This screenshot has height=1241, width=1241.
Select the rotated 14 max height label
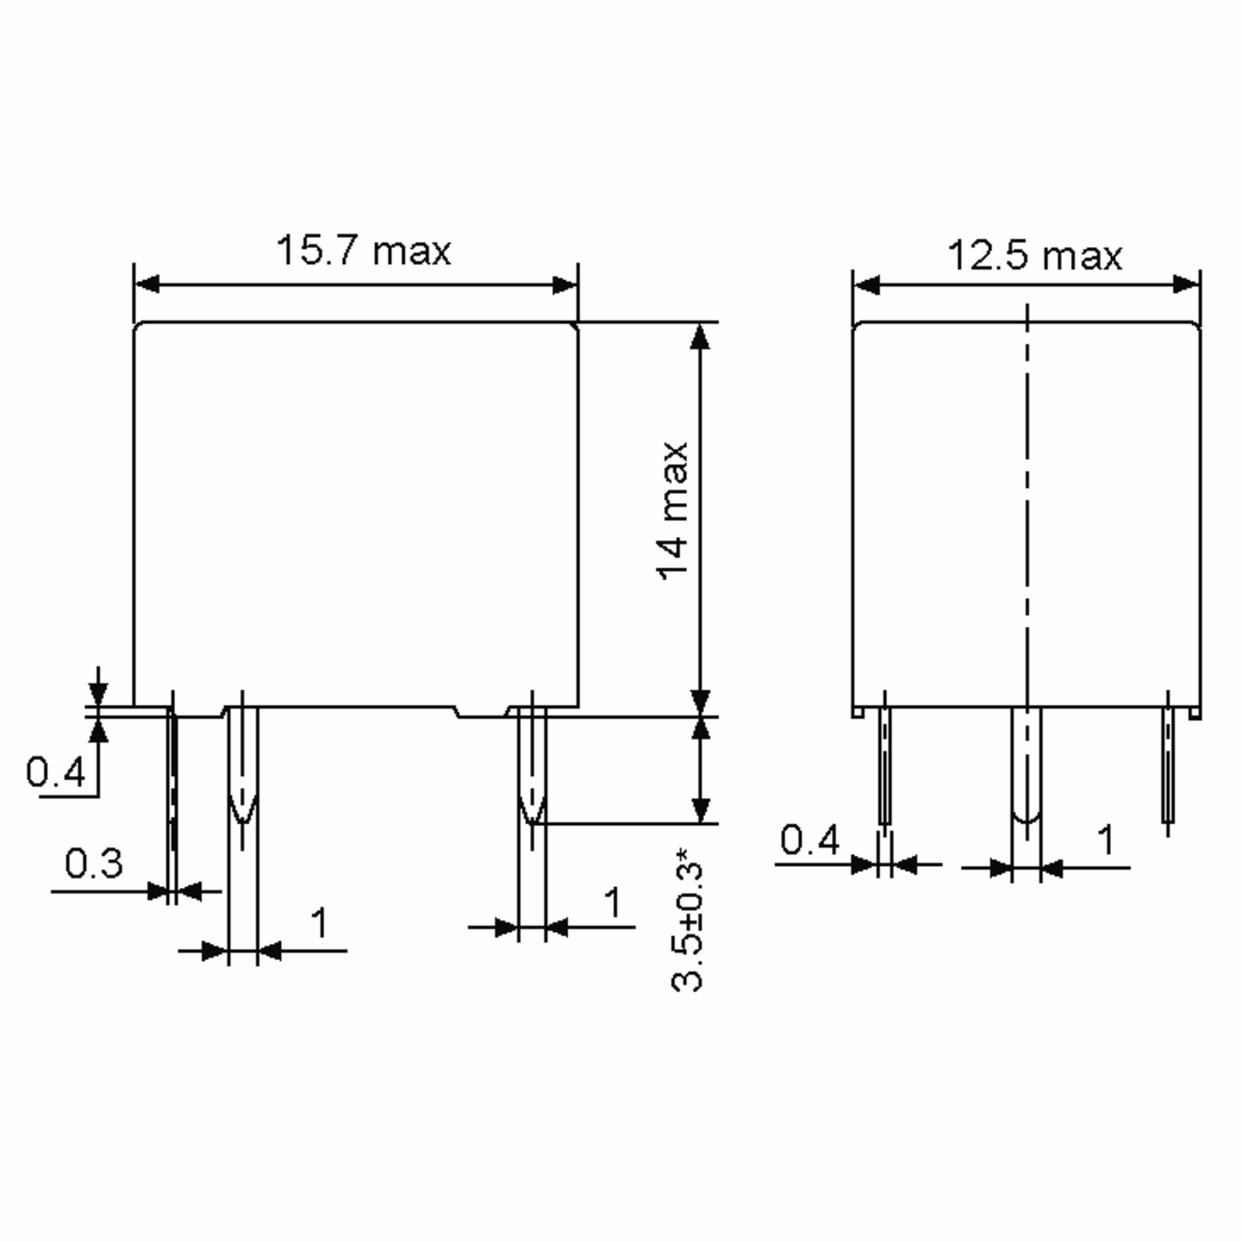(x=673, y=511)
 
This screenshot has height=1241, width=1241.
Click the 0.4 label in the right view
(x=809, y=840)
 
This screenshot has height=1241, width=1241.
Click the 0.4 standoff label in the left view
(x=55, y=771)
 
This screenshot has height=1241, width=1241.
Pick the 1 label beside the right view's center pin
(x=1106, y=840)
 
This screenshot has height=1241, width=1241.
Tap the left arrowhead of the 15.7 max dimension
(x=146, y=284)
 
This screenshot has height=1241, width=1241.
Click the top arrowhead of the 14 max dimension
(x=700, y=337)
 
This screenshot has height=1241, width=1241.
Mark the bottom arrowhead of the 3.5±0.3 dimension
(x=701, y=811)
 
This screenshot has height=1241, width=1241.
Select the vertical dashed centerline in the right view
(x=1026, y=514)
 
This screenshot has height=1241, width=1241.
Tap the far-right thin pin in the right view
(x=1168, y=764)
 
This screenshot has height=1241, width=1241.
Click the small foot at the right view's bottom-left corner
(x=857, y=713)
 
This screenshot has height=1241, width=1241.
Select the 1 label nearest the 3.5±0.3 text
(x=613, y=902)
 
